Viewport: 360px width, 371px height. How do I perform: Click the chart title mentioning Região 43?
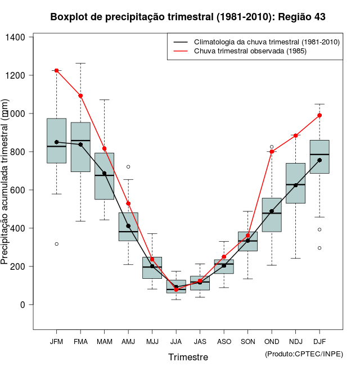[188, 17]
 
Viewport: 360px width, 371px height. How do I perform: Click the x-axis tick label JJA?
[176, 342]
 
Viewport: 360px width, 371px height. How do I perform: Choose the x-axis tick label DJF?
[319, 342]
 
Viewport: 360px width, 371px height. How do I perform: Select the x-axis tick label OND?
[272, 342]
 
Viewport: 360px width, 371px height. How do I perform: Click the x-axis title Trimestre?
[188, 357]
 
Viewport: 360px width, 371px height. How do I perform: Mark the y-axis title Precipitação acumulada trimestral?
[5, 181]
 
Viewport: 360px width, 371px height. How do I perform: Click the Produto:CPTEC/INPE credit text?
[304, 354]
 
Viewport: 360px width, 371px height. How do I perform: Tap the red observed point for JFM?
[56, 70]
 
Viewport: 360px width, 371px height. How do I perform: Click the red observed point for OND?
[272, 152]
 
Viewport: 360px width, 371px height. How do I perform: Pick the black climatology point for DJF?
[319, 160]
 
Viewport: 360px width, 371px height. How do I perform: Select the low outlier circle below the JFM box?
[56, 244]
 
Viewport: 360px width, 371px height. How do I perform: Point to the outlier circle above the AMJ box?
[128, 167]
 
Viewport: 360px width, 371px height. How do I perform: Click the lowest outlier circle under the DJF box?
[319, 248]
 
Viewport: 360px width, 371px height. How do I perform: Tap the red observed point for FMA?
[80, 96]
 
